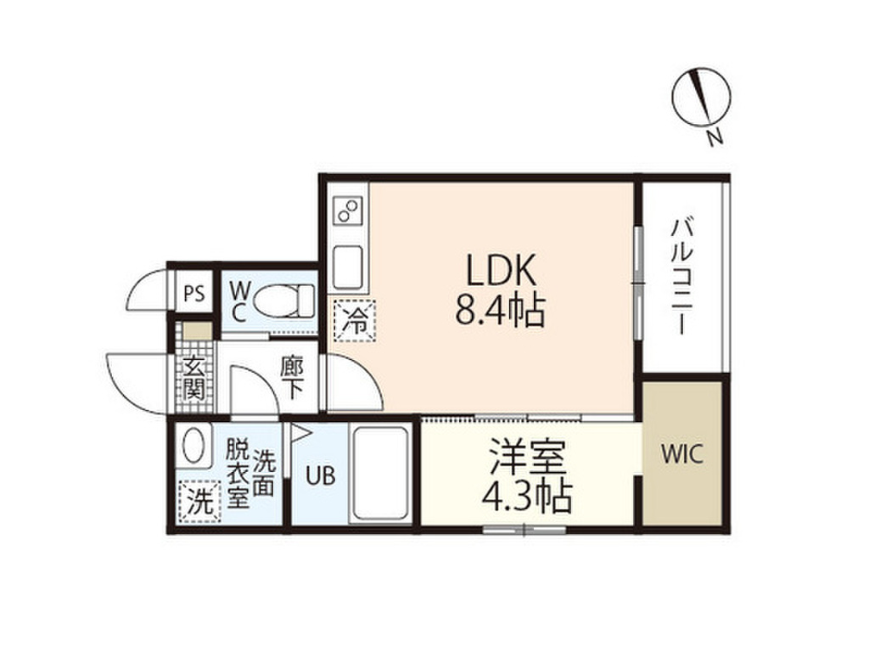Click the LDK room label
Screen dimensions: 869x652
point(501,270)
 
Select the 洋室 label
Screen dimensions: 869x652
point(527,458)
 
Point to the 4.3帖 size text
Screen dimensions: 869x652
point(527,497)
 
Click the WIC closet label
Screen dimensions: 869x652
point(682,454)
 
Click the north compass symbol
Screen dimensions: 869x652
point(701,97)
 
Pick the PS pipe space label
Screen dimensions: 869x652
point(194,293)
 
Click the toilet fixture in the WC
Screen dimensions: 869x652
point(283,301)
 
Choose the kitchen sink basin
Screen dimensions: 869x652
point(348,267)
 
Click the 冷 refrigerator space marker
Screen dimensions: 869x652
point(354,319)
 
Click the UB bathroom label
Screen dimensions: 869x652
point(321,475)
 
